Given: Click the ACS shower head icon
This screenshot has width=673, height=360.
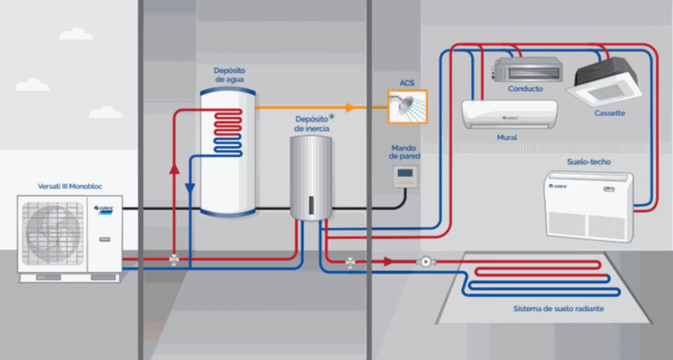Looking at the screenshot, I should tap(407, 107).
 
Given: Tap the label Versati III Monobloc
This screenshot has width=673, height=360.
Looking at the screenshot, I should tap(70, 186).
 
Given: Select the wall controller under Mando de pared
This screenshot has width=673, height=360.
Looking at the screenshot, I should tap(405, 177).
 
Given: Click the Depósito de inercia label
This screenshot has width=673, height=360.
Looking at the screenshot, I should tap(312, 124).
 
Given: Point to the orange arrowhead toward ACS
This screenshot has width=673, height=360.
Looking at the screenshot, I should tap(349, 107).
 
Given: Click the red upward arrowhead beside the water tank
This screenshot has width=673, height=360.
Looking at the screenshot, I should tap(174, 169).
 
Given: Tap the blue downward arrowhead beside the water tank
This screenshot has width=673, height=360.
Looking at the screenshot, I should tap(190, 188).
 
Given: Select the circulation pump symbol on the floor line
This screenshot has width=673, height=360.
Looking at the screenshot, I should tap(426, 261).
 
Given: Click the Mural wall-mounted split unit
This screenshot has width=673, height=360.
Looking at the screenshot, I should tap(509, 114).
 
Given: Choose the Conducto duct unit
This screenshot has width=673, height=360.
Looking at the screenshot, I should tap(527, 70).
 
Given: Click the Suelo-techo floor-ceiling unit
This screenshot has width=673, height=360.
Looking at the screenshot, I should tap(589, 206).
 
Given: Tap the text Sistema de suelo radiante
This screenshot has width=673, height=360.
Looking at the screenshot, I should tap(558, 308).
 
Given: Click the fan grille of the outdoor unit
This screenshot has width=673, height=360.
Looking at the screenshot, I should tap(53, 233).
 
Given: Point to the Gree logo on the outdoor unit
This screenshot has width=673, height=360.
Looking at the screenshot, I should tap(104, 209).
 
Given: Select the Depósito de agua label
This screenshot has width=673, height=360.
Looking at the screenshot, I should tap(230, 75).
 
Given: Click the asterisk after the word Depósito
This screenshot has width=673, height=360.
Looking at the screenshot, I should tap(332, 117).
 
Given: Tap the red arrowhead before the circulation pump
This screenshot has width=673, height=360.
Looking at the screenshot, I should tap(388, 261).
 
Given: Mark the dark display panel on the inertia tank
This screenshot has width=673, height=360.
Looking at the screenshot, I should tap(311, 205).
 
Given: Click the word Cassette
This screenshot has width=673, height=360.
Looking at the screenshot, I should tap(610, 113).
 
